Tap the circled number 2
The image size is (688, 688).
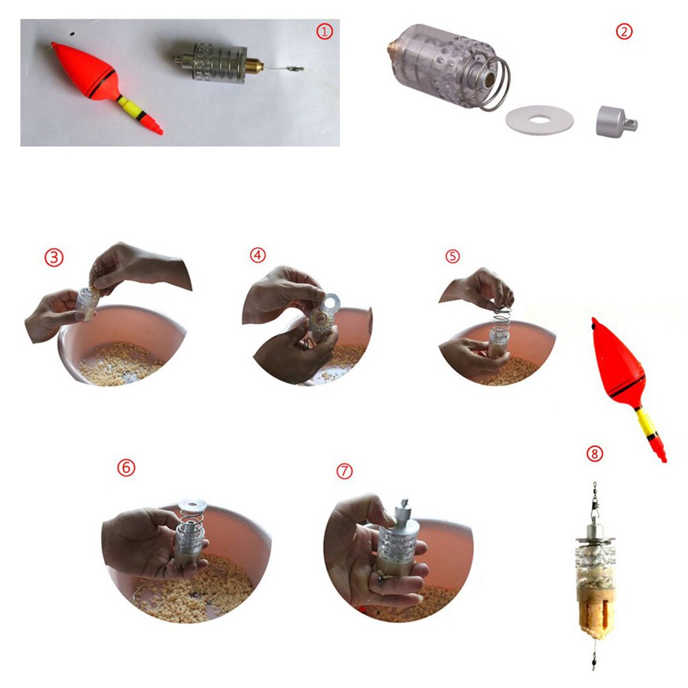[x=623, y=32]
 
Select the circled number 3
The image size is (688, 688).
[x=54, y=257]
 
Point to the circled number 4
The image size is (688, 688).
[x=257, y=255]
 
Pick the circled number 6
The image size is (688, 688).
[x=126, y=468]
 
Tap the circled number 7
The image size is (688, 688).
[x=345, y=471]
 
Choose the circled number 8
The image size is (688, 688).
[x=595, y=454]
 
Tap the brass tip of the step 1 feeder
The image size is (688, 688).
[x=254, y=67]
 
